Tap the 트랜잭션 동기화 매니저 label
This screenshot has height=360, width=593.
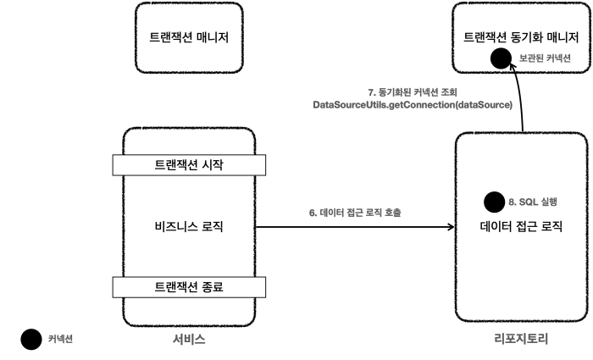(x=519, y=37)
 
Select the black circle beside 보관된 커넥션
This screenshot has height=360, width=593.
(x=501, y=58)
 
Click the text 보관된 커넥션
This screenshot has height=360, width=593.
(x=545, y=58)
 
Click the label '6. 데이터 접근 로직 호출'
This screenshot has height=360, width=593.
(x=354, y=212)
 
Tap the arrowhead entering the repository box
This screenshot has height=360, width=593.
(x=450, y=226)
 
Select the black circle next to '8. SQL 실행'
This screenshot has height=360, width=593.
(x=493, y=202)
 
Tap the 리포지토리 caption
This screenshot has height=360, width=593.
(x=521, y=340)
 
